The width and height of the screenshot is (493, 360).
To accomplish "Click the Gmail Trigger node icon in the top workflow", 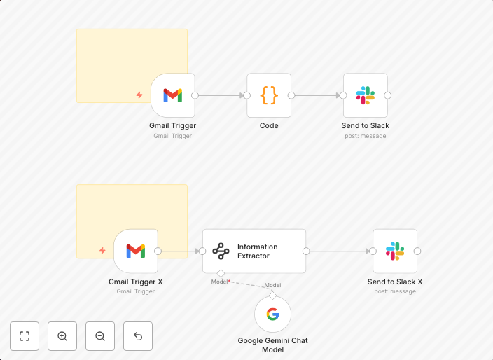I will (x=172, y=95).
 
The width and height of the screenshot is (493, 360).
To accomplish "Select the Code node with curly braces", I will (x=269, y=95).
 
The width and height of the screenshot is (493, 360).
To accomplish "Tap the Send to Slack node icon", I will (x=366, y=95).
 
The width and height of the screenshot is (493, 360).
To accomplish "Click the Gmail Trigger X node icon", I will (x=136, y=251).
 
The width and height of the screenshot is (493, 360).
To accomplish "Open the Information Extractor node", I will (x=254, y=251).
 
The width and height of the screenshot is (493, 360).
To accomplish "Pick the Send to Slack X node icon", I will (x=395, y=251).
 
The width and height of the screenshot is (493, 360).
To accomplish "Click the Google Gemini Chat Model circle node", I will (x=272, y=314).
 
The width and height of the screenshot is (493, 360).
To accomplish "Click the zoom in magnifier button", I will (x=62, y=336).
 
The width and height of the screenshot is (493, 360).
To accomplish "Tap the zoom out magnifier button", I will (x=100, y=336).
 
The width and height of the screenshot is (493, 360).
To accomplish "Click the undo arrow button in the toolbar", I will (x=138, y=336).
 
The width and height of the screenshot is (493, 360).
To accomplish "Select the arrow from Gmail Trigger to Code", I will (x=221, y=95).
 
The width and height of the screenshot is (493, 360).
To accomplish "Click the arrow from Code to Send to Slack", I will (x=317, y=95).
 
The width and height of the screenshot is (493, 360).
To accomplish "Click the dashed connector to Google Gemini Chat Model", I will (x=246, y=283).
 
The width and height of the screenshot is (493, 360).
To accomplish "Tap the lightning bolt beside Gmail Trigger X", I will (x=102, y=251).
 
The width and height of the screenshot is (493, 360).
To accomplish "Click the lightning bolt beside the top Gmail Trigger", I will (x=139, y=95).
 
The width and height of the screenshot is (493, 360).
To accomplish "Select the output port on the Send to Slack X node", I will (x=417, y=251).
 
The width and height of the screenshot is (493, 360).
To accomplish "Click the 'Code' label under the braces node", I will (x=269, y=126).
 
